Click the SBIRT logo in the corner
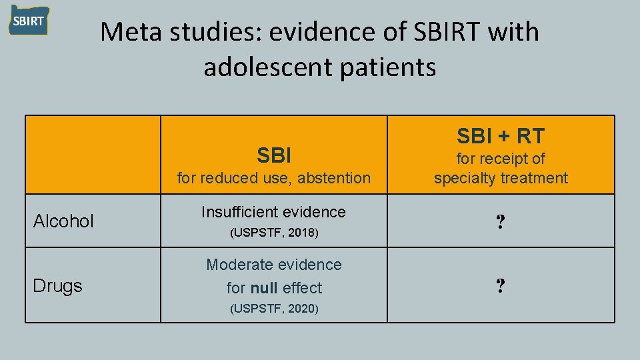coord(29,21)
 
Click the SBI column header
coord(274,156)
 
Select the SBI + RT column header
coord(501,136)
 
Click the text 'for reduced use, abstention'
coord(273,178)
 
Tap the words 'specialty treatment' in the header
coord(501,178)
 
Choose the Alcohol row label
coord(64,221)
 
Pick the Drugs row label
coord(58,286)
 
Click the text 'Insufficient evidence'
coord(273,212)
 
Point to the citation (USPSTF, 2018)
coord(274,233)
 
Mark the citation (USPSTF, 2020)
coord(274,309)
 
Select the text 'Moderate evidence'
coord(273,265)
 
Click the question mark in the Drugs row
coord(500,286)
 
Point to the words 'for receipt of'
coord(501,159)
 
